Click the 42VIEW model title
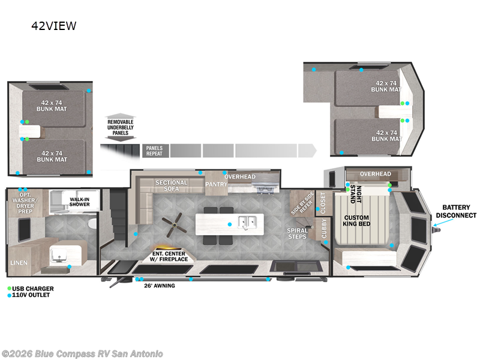pos(54,26)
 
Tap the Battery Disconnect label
pos(456,211)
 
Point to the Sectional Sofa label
pos(172,186)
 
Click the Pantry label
pos(216,184)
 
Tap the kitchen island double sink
pos(247,223)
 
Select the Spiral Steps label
pos(298,233)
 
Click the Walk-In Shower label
pos(79,201)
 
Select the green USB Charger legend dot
pos(10,289)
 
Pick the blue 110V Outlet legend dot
pos(10,295)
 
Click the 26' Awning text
pos(159,286)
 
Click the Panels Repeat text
pos(155,150)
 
